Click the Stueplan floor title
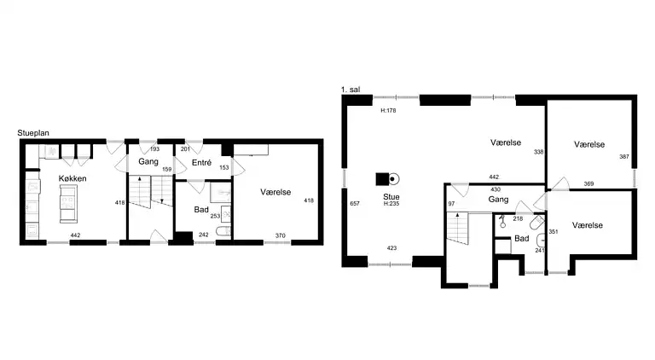point(33,133)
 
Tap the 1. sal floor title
point(351,90)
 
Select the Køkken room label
point(72,178)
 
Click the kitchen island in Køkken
point(68,204)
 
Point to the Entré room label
point(202,163)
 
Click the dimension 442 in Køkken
point(75,235)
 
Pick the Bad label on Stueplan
point(201,209)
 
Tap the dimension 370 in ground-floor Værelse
point(281,235)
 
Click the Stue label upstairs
point(391,197)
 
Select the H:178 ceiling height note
point(388,111)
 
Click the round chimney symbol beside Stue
point(392,179)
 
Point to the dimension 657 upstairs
point(355,203)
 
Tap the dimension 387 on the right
point(624,157)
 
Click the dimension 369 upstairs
point(588,183)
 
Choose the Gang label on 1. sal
point(498,200)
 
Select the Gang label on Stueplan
point(148,161)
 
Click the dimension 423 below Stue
point(391,247)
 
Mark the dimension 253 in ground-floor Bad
point(215,216)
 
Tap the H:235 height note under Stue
point(391,204)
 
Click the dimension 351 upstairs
point(553,231)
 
